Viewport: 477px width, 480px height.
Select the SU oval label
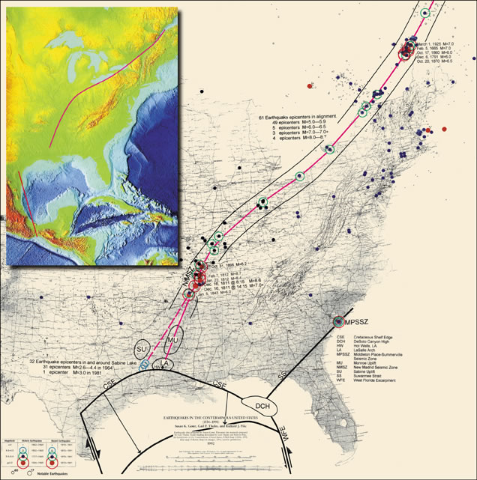tap(142, 350)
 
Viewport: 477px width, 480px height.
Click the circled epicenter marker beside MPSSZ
tap(337, 320)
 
